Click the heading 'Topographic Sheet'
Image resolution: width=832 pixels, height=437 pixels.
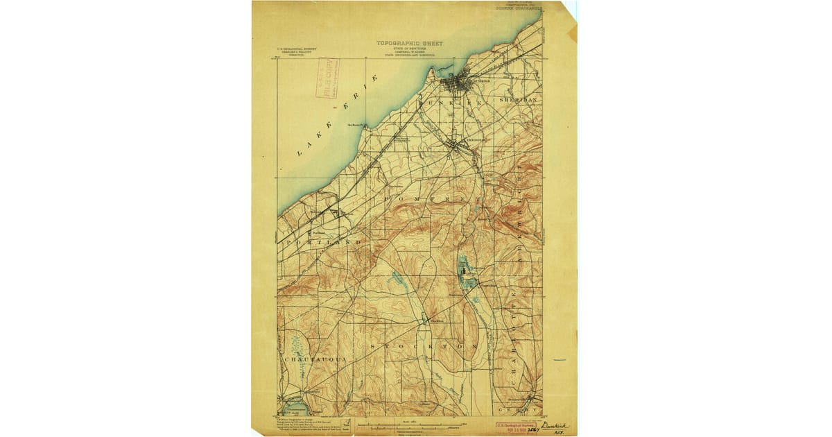tap(409, 43)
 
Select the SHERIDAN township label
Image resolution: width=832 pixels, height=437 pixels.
tap(518, 100)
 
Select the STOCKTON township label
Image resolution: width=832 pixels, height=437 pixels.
tap(424, 345)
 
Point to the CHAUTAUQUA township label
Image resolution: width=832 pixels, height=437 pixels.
tap(314, 359)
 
